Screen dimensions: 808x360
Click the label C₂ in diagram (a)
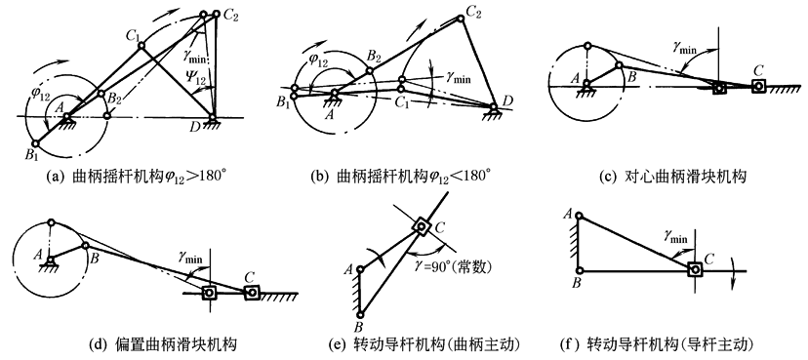click(230, 15)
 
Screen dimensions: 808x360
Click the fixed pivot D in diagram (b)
click(494, 107)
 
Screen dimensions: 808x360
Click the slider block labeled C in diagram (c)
click(757, 86)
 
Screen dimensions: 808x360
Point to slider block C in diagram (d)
click(251, 293)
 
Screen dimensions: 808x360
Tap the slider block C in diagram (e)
click(421, 225)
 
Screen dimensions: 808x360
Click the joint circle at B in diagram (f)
click(580, 270)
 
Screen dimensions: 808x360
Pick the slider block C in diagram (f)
click(694, 269)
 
